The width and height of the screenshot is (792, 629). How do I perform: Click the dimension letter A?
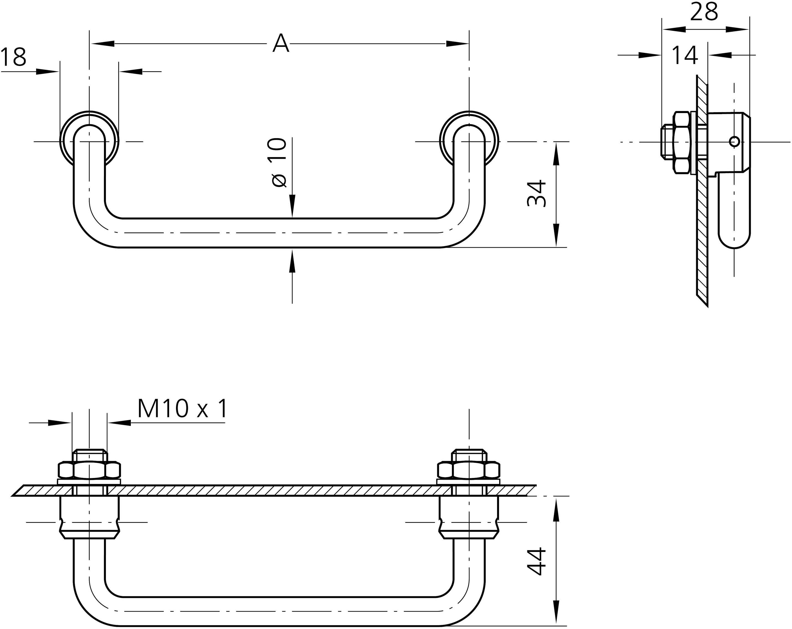click(281, 44)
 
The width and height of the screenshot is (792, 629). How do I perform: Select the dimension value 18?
click(14, 57)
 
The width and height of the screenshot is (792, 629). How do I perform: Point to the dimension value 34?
click(537, 193)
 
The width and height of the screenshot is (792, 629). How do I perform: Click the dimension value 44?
click(537, 561)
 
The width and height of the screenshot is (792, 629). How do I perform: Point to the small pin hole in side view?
click(734, 141)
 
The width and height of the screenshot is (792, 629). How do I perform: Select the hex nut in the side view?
click(682, 142)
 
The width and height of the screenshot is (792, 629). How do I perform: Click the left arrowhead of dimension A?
click(103, 44)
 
